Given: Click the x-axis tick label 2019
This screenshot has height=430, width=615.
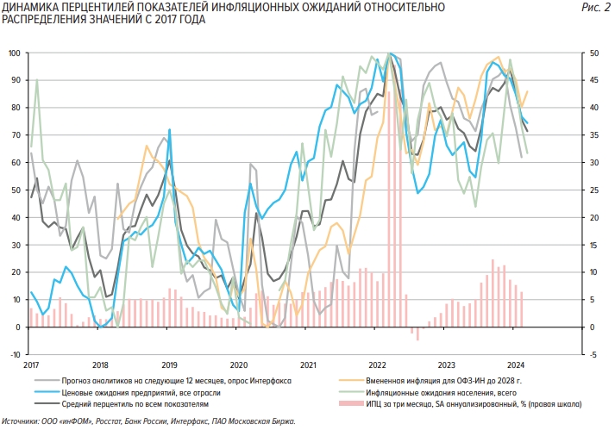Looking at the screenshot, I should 169,365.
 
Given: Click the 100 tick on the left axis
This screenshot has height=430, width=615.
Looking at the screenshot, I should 15,53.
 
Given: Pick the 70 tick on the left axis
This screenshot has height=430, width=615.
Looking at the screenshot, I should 16,135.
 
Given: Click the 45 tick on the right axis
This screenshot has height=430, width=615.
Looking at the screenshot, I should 595,81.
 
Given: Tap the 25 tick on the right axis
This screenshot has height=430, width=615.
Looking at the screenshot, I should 595,190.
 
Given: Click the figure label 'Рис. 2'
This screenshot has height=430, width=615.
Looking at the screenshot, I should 599,7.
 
